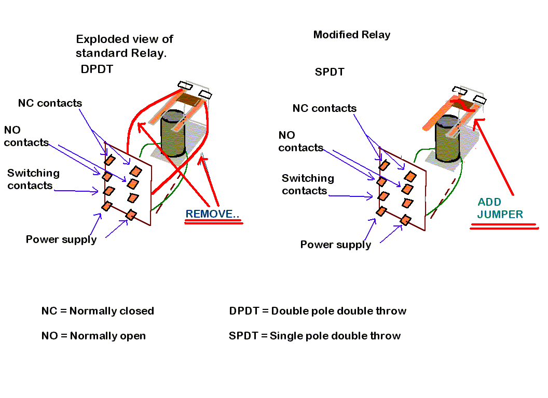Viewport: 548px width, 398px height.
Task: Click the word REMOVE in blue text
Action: tap(213, 214)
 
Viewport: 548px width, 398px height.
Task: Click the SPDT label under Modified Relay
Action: tap(330, 72)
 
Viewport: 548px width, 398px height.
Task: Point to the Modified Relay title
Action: tap(351, 35)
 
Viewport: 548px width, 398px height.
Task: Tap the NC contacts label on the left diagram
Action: tap(50, 103)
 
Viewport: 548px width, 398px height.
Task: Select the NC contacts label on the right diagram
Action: tap(324, 108)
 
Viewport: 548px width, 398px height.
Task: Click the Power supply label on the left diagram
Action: tap(61, 239)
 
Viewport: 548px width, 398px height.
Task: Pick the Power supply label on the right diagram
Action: tap(336, 245)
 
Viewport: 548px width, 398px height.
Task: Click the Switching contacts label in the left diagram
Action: tap(33, 179)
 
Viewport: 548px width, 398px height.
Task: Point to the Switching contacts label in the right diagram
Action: tap(308, 184)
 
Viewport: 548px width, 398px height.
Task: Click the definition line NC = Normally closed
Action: tap(98, 311)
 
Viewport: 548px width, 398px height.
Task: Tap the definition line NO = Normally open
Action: tap(93, 336)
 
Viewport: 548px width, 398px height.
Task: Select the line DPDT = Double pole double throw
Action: tap(318, 311)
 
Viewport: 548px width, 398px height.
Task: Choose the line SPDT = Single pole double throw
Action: tap(314, 336)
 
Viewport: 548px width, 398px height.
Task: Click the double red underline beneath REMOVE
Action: tap(213, 222)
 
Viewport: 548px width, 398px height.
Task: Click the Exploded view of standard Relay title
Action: tap(124, 46)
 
